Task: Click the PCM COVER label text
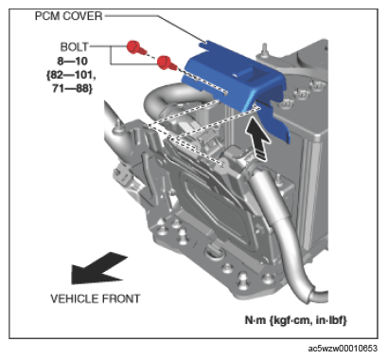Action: tap(68, 16)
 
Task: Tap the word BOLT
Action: tap(75, 47)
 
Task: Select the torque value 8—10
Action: tap(73, 61)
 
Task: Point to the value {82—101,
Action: tap(71, 75)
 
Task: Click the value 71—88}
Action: tap(73, 89)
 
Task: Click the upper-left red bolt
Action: tap(136, 47)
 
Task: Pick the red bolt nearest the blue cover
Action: tap(167, 63)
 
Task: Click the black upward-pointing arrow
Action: tap(258, 137)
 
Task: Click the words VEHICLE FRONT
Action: tap(95, 298)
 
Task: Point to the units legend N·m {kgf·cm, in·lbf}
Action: tap(296, 320)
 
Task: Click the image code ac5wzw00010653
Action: tap(343, 349)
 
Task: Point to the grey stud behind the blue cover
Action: tap(264, 50)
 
